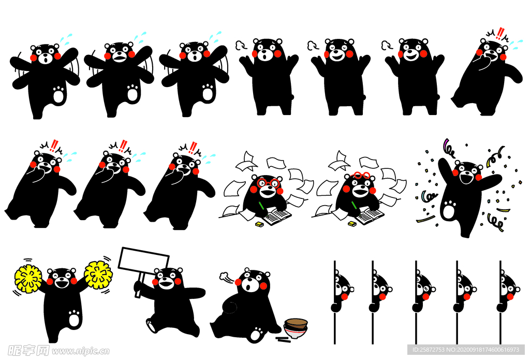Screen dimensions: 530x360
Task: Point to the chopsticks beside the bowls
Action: click(283, 339)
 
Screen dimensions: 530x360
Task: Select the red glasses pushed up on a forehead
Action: click(362, 175)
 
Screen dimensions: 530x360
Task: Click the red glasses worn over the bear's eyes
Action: click(268, 183)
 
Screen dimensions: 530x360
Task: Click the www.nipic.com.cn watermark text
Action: click(80, 351)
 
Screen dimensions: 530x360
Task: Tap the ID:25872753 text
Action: click(429, 350)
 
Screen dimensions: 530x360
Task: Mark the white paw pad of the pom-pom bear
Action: click(74, 318)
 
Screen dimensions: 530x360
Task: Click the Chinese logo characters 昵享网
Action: click(28, 351)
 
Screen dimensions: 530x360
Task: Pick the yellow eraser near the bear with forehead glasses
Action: click(352, 224)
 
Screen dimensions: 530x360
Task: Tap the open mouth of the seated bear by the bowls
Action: click(248, 288)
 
